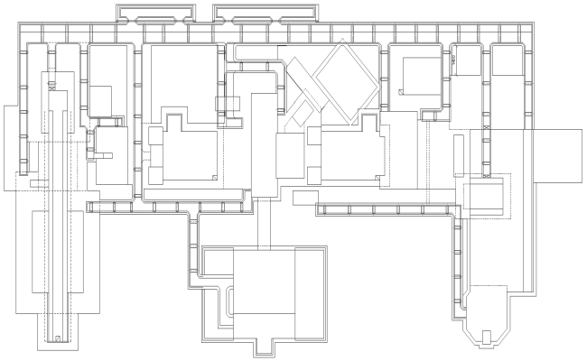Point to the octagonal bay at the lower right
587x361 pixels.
(x=488, y=316)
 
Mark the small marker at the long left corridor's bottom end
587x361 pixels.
(x=58, y=338)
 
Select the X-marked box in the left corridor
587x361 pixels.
(x=52, y=87)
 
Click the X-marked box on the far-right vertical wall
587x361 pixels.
(x=489, y=130)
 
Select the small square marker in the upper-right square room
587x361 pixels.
(x=400, y=91)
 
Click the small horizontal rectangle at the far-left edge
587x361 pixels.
(x=38, y=183)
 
